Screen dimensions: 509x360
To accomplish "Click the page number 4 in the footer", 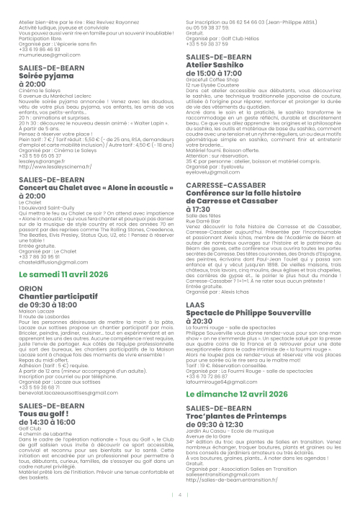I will point(180,495).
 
